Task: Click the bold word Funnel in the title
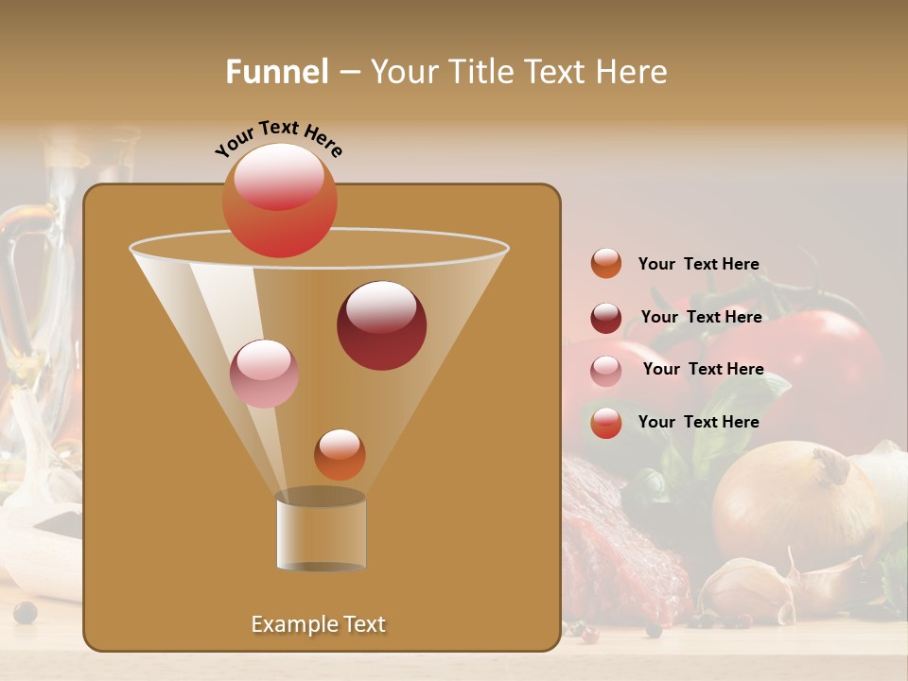pyautogui.click(x=276, y=72)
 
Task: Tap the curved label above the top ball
pyautogui.click(x=279, y=138)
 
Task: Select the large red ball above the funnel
pyautogui.click(x=280, y=201)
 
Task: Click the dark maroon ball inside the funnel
pyautogui.click(x=381, y=325)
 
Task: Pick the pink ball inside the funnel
pyautogui.click(x=264, y=374)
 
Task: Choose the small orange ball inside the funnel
pyautogui.click(x=340, y=454)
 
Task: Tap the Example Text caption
pyautogui.click(x=318, y=624)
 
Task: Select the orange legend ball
pyautogui.click(x=606, y=264)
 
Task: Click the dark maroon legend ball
pyautogui.click(x=606, y=318)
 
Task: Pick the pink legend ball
pyautogui.click(x=606, y=371)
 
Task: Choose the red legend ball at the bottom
pyautogui.click(x=606, y=423)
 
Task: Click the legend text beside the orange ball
pyautogui.click(x=698, y=264)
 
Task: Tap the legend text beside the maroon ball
pyautogui.click(x=701, y=317)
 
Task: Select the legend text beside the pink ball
pyautogui.click(x=703, y=369)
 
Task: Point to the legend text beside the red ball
pyautogui.click(x=698, y=422)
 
